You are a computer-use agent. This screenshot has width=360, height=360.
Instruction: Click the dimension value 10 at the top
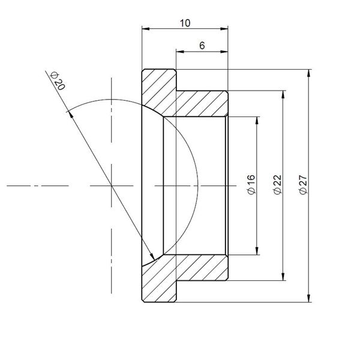185,23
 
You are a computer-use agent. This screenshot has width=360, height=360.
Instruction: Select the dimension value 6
202,46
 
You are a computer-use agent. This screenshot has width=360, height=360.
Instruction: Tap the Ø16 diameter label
251,185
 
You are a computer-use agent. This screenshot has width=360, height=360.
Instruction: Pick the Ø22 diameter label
278,185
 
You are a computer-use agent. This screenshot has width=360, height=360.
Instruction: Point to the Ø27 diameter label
303,185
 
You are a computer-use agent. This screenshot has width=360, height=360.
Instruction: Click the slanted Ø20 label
58,81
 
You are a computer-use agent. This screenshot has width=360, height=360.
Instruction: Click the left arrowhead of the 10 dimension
146,29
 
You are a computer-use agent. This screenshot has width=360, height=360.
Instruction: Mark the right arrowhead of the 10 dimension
224,29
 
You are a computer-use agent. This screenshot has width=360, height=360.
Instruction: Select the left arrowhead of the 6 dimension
180,52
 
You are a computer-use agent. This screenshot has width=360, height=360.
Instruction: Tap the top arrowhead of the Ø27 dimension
309,73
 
